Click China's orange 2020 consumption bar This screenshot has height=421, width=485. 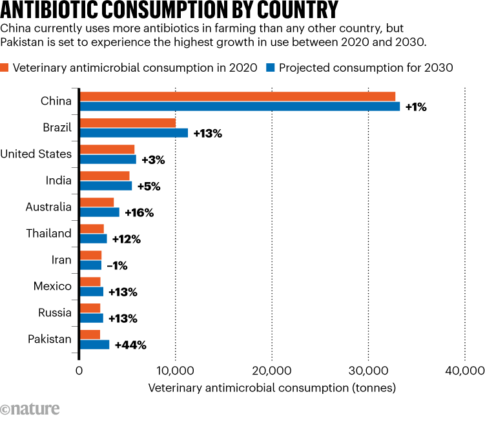[237, 96]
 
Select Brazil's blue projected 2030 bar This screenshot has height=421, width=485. [134, 133]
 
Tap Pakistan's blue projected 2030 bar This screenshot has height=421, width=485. [94, 344]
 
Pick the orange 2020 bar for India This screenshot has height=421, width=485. [104, 176]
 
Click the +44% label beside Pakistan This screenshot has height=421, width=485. [130, 345]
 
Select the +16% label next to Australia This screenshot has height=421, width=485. [139, 212]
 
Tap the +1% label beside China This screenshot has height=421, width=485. [416, 107]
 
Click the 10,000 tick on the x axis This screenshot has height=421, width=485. [175, 371]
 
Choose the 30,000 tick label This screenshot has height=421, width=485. [368, 371]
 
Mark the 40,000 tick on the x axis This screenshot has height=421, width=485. [464, 371]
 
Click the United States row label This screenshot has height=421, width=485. [36, 154]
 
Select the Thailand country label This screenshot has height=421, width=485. [48, 233]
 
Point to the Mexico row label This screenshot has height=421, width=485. [52, 286]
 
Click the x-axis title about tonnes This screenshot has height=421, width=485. [271, 388]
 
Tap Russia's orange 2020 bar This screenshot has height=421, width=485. [90, 307]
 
